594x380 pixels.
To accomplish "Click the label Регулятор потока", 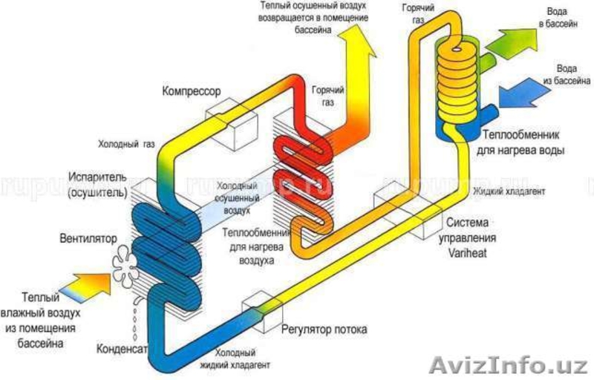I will (324, 328).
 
